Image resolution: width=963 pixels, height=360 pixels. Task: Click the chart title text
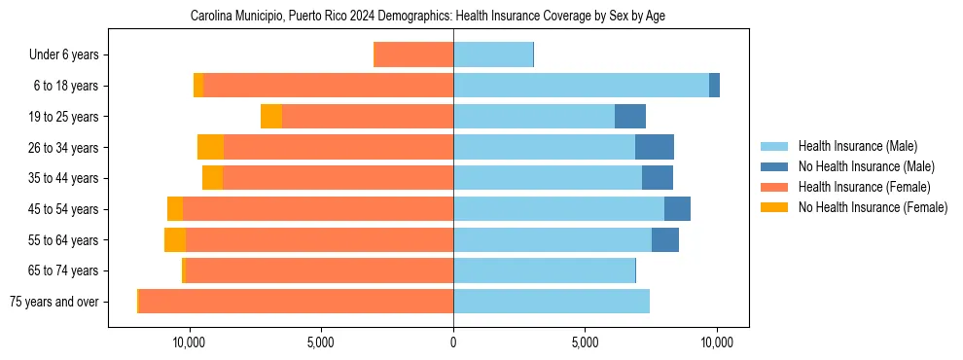coord(428,17)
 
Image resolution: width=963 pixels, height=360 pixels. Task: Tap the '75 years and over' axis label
coord(53,302)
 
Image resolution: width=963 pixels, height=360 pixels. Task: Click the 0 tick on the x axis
coord(453,342)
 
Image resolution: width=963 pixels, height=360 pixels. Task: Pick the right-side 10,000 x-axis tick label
coord(717,342)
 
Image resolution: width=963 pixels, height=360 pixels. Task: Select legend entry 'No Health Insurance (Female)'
coord(873,207)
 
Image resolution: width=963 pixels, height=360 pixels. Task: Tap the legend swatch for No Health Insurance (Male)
coord(775,167)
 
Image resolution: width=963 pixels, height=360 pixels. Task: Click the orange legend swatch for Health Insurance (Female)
coord(775,187)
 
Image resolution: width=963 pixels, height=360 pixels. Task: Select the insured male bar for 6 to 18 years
coord(581,86)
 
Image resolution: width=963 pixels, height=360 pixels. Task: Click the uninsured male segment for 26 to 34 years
coord(655,147)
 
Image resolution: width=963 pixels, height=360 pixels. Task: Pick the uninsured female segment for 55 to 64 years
coord(175,239)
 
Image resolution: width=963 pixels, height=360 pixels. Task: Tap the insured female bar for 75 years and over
coord(296,302)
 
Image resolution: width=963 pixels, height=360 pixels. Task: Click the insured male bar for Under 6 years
coord(493,54)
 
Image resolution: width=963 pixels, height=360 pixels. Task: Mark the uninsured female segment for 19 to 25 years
coord(271,117)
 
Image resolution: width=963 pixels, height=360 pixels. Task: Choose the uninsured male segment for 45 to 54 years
coord(677,209)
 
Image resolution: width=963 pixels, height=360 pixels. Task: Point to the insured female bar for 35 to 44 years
coord(338,178)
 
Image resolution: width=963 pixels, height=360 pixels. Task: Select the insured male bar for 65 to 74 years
coord(544,270)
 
